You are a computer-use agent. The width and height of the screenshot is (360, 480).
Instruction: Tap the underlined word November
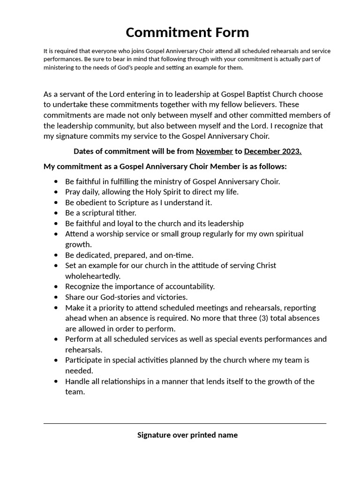pos(214,151)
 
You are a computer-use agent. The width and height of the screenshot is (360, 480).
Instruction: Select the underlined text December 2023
pos(273,151)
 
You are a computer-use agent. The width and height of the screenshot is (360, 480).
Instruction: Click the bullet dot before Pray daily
pos(56,192)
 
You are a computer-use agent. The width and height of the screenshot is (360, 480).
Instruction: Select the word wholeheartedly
pos(93,276)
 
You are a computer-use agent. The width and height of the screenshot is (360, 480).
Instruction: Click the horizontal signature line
pos(185,424)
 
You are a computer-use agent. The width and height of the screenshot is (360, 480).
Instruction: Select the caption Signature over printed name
pos(187,435)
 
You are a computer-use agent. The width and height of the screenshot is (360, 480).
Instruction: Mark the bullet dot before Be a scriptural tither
pos(56,213)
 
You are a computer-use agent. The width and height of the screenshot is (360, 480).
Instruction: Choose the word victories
pos(171,297)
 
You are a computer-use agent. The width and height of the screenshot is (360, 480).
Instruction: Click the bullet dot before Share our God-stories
pos(56,297)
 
